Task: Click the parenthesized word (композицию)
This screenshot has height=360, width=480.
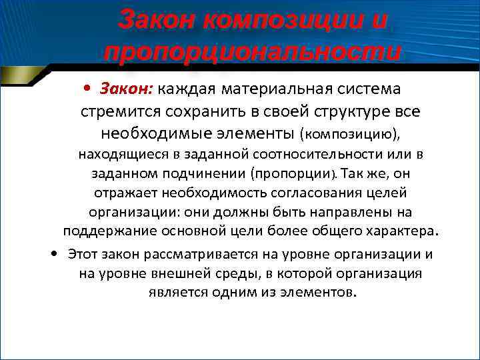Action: tap(341, 135)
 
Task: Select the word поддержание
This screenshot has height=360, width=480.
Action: tap(106, 231)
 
